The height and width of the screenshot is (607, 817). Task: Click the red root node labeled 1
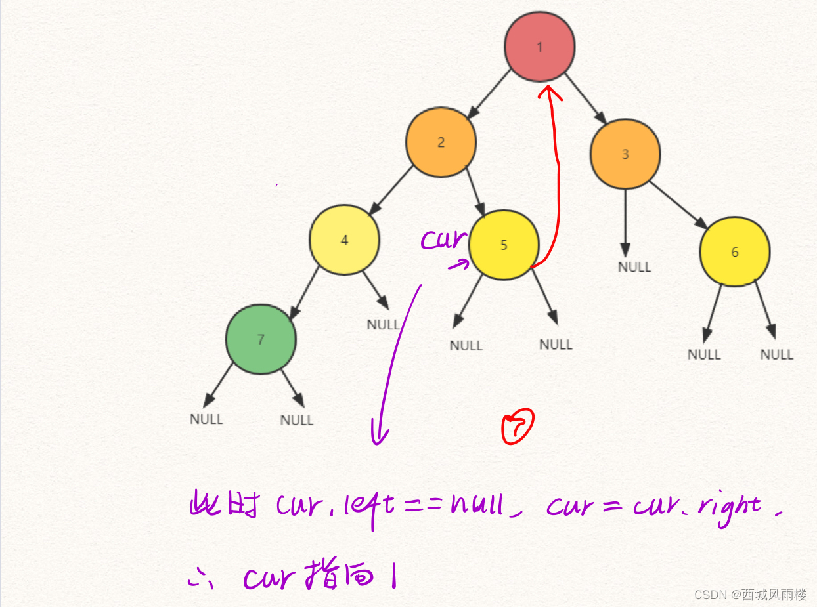point(540,47)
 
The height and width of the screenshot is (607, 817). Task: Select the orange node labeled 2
point(441,142)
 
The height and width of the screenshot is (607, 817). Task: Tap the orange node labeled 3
point(625,154)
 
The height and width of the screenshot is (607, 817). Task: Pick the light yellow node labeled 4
point(344,240)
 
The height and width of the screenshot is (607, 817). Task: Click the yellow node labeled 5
point(504,245)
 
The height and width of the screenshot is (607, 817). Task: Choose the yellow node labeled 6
point(734,252)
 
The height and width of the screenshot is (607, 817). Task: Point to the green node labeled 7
point(261,339)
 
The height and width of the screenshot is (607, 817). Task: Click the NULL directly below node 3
point(634,267)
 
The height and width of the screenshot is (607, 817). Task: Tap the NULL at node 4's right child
point(384,325)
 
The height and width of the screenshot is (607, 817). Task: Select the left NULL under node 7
point(206,419)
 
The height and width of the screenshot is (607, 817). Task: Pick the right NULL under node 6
point(777,354)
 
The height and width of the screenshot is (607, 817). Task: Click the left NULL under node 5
point(466,346)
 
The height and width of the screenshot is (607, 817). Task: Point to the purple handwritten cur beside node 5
point(443,240)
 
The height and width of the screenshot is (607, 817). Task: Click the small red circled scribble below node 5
point(518,426)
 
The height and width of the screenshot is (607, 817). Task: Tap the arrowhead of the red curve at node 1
point(545,92)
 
